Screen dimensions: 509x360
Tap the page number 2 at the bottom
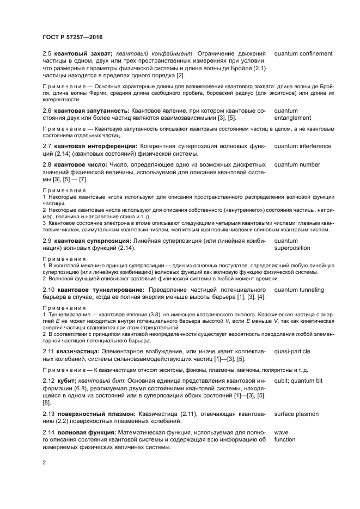pyautogui.click(x=45, y=463)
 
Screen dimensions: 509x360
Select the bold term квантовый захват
pyautogui.click(x=82, y=54)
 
